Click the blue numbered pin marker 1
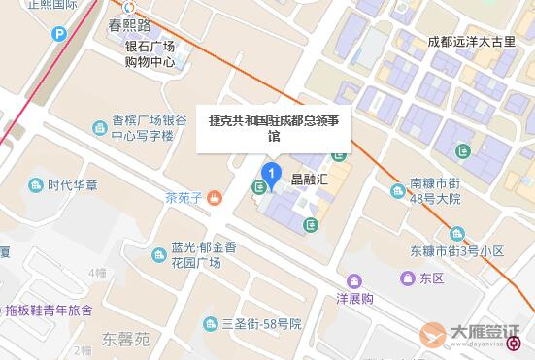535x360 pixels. (273, 176)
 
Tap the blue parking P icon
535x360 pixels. (59, 34)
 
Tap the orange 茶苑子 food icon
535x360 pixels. (215, 198)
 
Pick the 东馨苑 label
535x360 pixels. (126, 340)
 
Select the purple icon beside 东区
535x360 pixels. (408, 278)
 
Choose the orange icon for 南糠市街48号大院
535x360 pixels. (398, 191)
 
